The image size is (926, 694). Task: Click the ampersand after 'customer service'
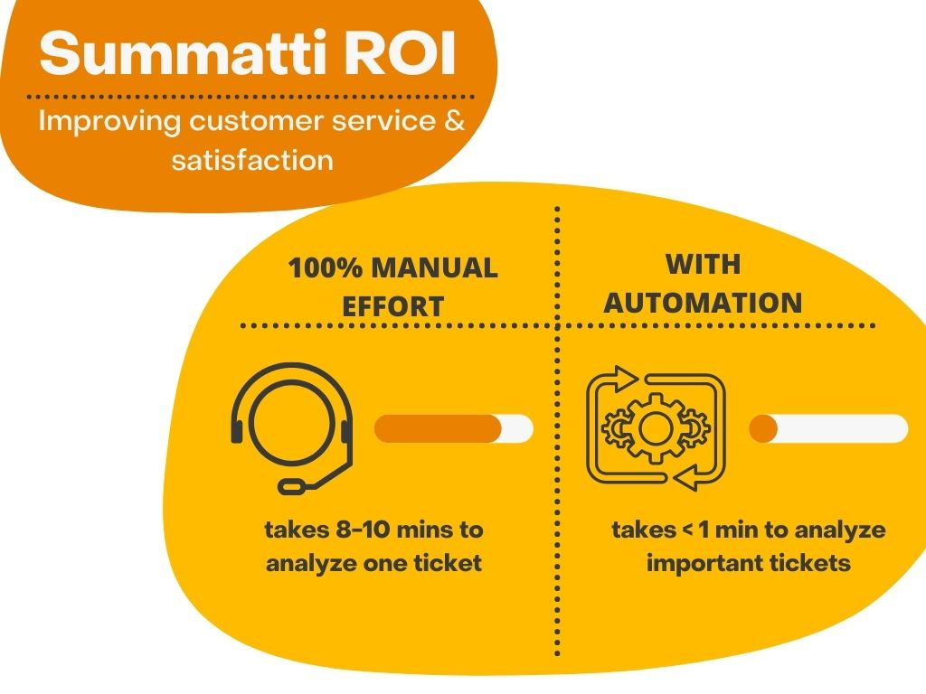[x=455, y=120]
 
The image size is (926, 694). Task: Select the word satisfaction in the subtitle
[x=251, y=161]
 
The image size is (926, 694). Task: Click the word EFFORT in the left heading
[x=392, y=306]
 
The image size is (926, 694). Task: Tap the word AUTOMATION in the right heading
[x=703, y=303]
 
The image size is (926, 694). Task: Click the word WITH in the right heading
[x=703, y=265]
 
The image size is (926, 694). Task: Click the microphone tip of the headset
[x=292, y=487]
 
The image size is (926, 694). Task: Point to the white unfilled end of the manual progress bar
[x=518, y=429]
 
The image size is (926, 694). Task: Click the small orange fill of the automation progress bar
[x=763, y=428]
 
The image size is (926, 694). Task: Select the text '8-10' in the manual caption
[x=373, y=530]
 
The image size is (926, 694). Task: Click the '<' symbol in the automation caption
[x=685, y=530]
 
